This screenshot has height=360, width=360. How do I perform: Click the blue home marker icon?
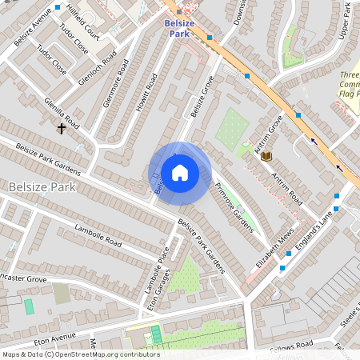point(180,173)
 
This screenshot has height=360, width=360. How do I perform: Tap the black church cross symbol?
point(61,127)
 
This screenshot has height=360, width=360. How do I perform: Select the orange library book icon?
point(266,155)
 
